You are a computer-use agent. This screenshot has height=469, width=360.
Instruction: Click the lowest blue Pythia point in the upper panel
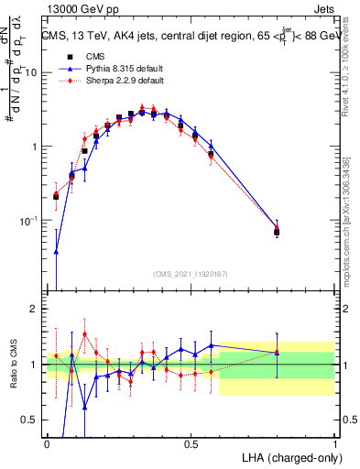56,252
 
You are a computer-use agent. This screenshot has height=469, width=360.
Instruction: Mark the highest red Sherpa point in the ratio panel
84,334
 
